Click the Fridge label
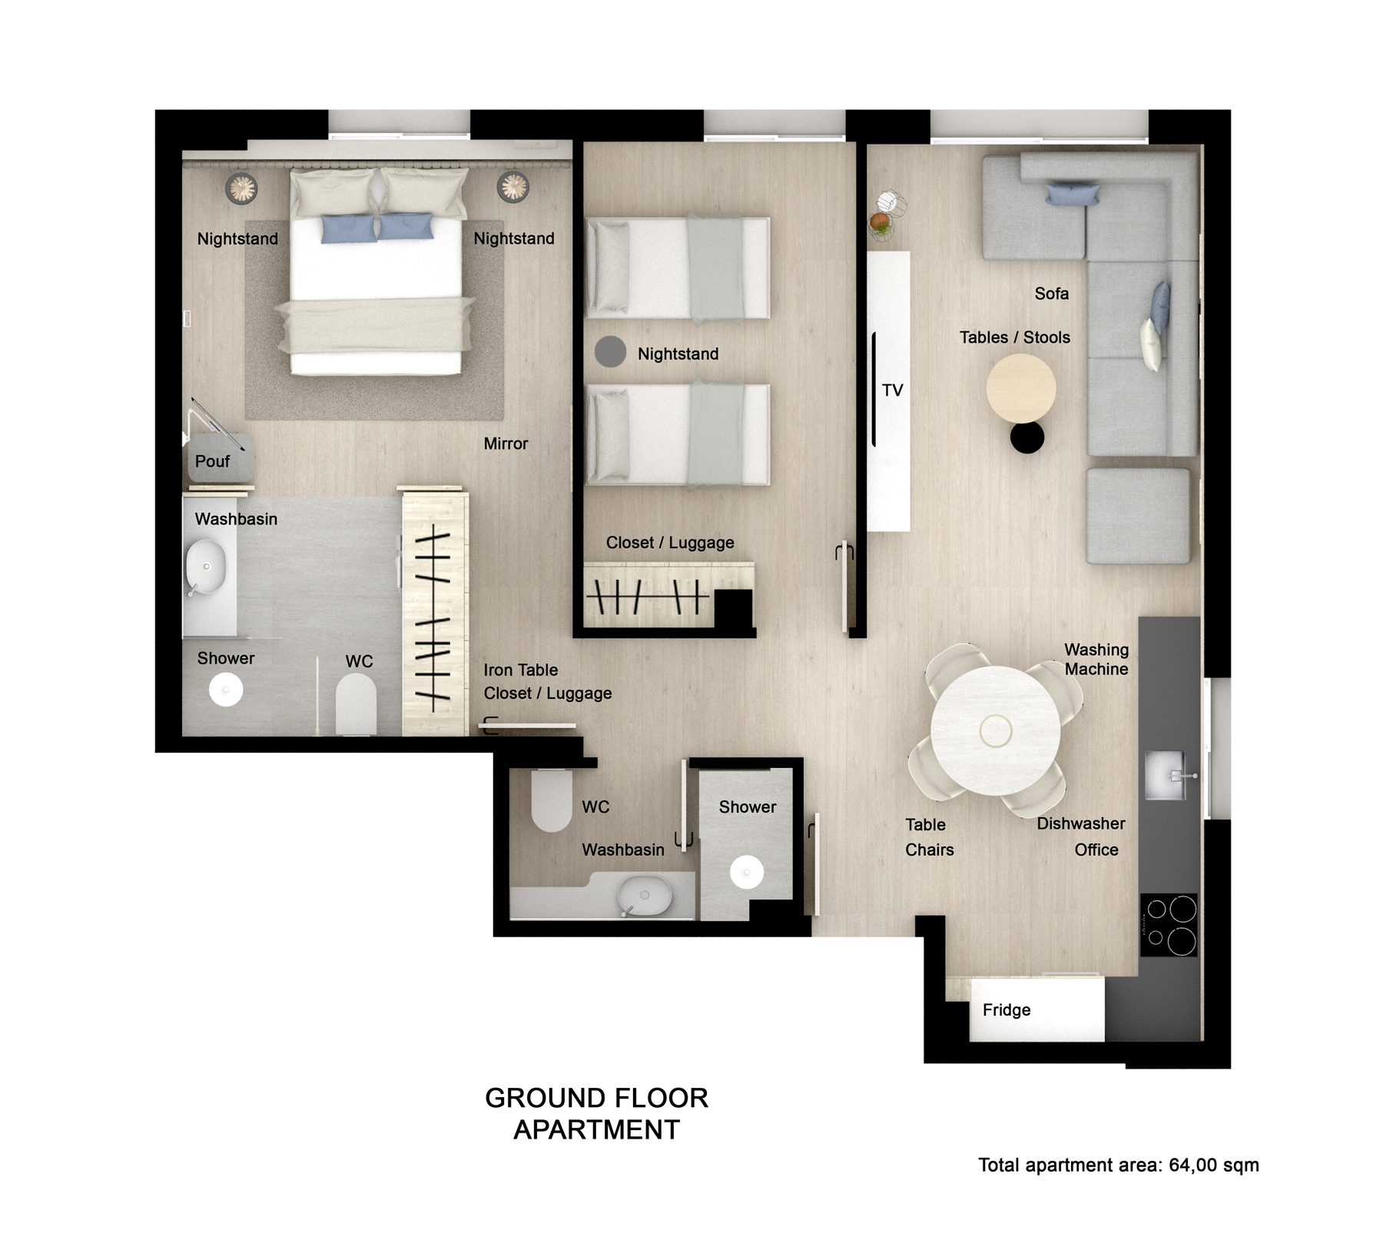click(1007, 1010)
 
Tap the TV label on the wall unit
click(892, 391)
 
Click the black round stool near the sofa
click(1027, 437)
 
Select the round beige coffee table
click(1021, 388)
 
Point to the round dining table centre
click(996, 730)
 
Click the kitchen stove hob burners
click(1169, 925)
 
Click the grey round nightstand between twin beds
click(610, 351)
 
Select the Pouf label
click(212, 461)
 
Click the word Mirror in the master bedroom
click(506, 444)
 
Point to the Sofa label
click(1051, 294)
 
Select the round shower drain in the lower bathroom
click(746, 873)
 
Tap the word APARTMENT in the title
click(597, 1130)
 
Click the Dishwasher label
click(1081, 823)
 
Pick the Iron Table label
click(521, 670)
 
